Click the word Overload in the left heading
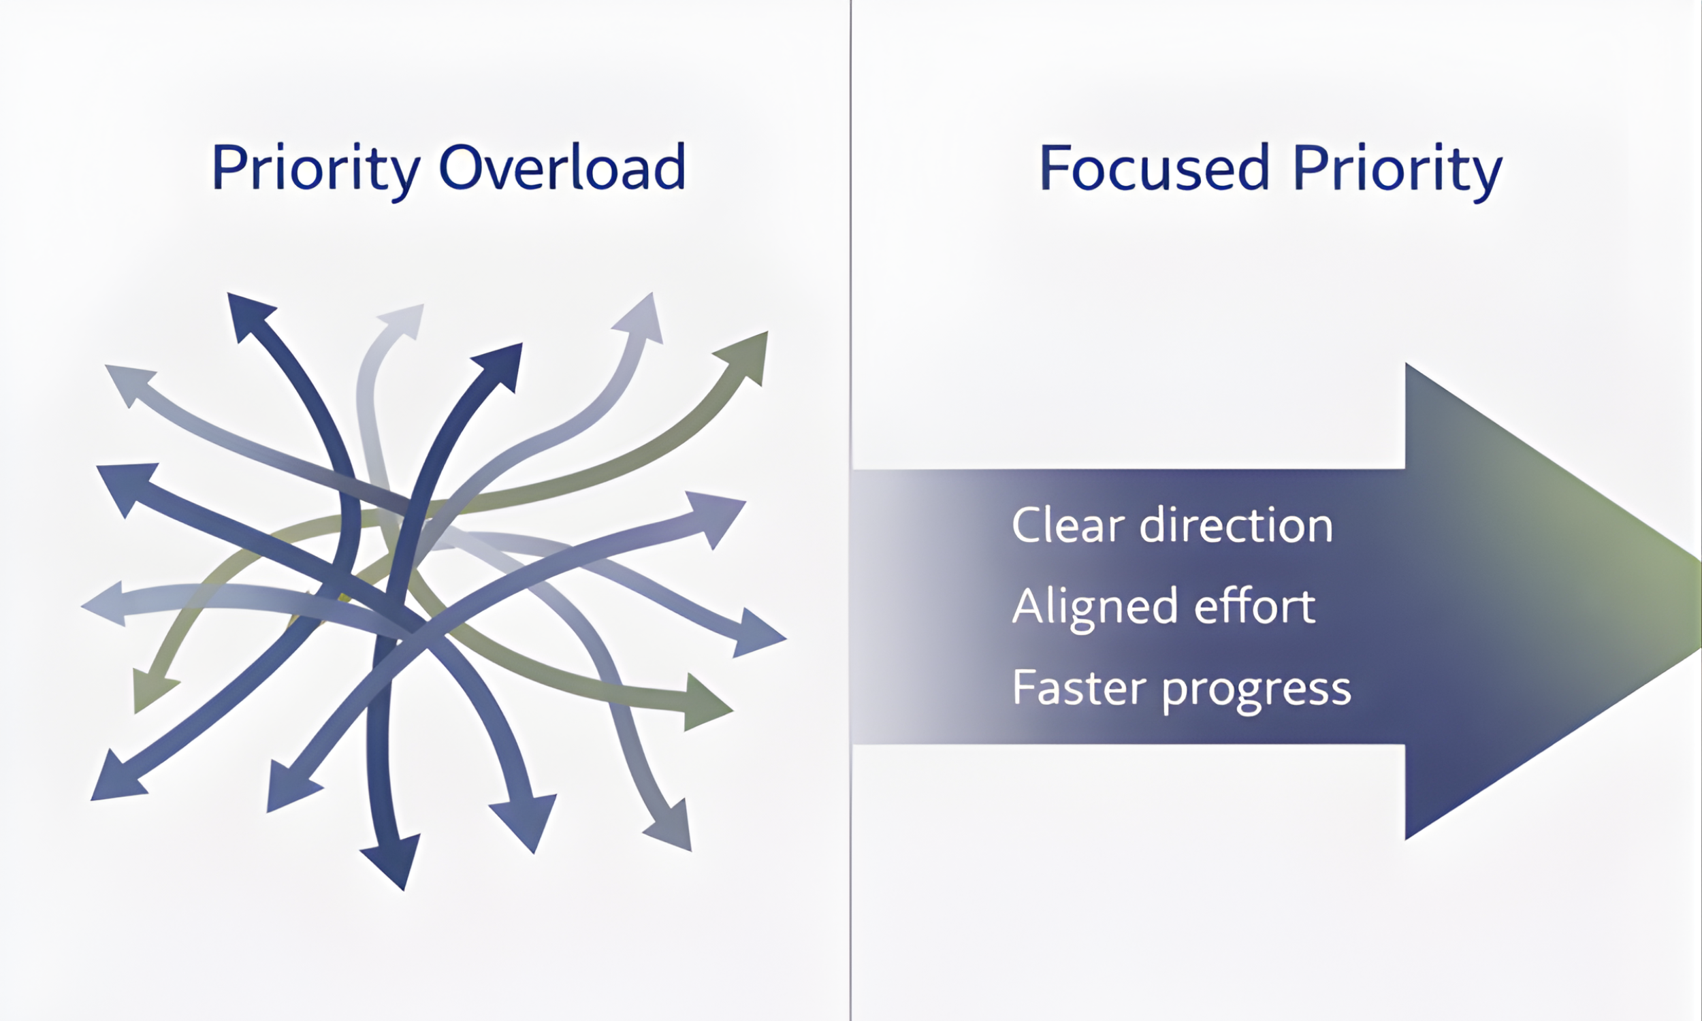point(562,167)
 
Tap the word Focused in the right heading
point(1154,167)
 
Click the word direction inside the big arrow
point(1236,525)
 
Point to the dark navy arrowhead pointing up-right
point(501,365)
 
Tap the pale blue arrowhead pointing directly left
point(107,604)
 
